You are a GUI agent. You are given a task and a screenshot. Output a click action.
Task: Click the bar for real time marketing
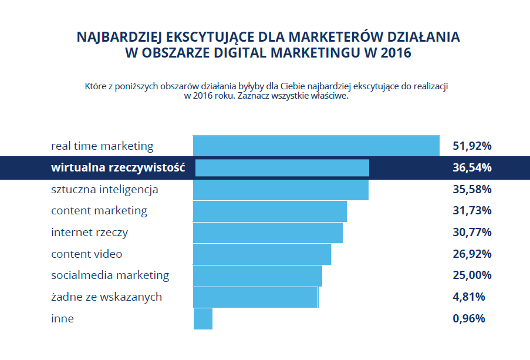316,146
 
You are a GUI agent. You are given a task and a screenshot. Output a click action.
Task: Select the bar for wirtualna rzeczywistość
282,168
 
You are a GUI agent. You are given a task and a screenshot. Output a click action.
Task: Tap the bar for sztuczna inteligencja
281,190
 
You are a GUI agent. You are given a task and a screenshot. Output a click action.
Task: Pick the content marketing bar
269,211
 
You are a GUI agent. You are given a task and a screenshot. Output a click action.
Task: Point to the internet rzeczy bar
268,233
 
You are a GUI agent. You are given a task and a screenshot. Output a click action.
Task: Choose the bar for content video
262,254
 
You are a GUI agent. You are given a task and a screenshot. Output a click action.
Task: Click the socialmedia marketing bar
257,275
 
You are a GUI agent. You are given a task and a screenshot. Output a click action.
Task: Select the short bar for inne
202,319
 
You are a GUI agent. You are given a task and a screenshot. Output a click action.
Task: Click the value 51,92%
472,146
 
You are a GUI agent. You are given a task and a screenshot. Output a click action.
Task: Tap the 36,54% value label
472,168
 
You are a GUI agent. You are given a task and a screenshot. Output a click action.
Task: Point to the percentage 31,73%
472,211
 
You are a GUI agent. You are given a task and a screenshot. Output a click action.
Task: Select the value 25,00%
472,275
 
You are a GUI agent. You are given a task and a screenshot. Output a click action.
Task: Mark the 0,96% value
469,319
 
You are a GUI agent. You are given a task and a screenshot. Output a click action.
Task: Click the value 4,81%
469,297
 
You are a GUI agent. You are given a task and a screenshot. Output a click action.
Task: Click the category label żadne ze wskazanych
106,297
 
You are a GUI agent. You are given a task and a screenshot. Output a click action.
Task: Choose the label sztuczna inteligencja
104,190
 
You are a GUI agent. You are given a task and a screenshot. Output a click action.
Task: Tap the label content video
86,254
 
